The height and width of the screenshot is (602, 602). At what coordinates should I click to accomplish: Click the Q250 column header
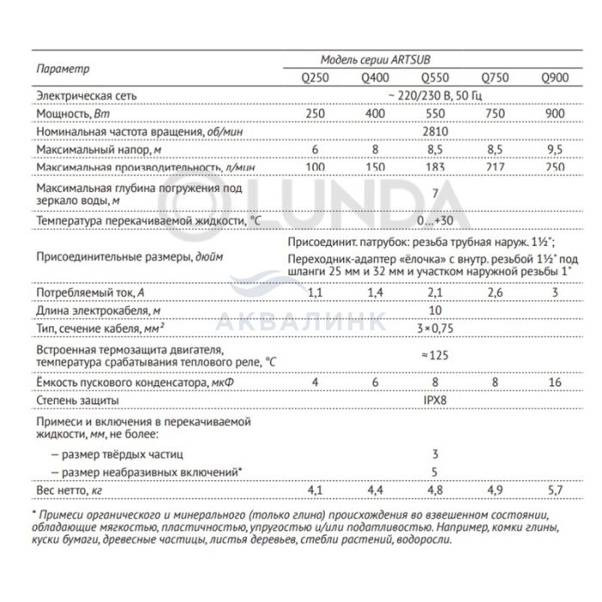click(316, 77)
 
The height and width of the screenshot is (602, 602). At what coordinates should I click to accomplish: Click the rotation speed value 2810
click(436, 132)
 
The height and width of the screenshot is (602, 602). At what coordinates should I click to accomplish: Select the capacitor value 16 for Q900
click(555, 382)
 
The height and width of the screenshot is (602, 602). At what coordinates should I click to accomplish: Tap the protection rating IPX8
click(436, 401)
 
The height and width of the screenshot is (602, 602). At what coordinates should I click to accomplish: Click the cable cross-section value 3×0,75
click(436, 328)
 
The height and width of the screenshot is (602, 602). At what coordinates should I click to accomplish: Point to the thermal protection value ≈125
click(436, 354)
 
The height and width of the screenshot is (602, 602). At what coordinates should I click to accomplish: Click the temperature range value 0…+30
click(436, 222)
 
